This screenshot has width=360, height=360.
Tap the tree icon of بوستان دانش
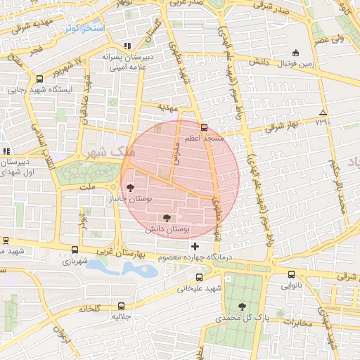(x=166, y=218)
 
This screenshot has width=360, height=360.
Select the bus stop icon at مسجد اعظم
(x=204, y=128)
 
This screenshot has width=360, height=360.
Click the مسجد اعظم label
(x=204, y=139)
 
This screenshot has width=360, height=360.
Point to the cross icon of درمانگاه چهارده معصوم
(x=195, y=246)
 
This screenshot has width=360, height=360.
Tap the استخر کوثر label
(x=83, y=29)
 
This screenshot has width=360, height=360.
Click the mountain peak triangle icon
(x=323, y=112)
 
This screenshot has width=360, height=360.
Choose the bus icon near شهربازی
(x=75, y=250)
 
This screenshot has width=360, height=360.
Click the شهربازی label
(x=75, y=261)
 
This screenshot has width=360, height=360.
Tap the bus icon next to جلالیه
(x=122, y=306)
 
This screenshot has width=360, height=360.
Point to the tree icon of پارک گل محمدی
(x=243, y=307)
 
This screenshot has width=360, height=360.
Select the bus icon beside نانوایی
(x=291, y=275)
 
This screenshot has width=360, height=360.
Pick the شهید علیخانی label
(x=199, y=288)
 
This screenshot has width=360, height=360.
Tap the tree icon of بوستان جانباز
(x=130, y=188)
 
